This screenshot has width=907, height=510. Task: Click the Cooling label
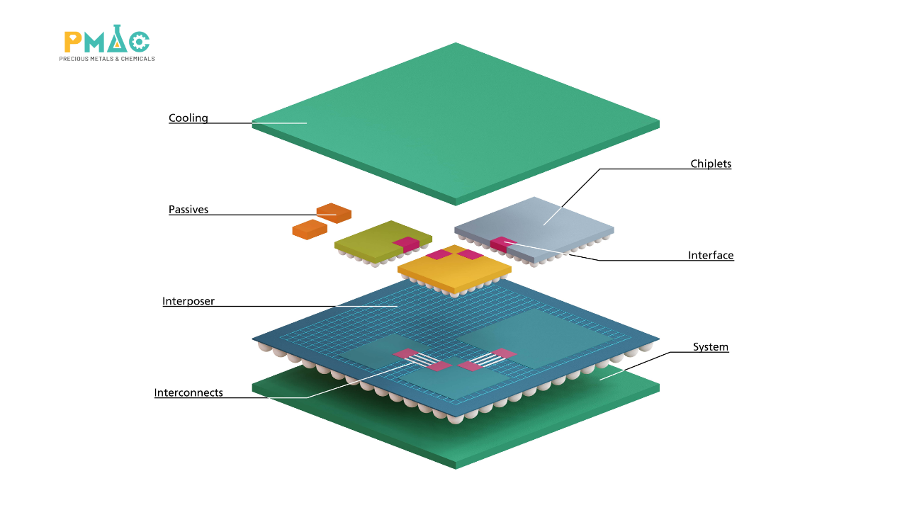[x=188, y=118]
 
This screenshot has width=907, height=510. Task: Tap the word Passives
[x=188, y=210]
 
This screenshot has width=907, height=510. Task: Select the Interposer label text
[x=188, y=301]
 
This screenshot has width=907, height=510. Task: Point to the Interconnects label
[x=188, y=392]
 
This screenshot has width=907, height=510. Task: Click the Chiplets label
[x=711, y=164]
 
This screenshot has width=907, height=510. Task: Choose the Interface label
[x=711, y=256]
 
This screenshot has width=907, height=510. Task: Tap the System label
[x=711, y=347]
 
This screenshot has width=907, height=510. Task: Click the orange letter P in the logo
[x=73, y=42]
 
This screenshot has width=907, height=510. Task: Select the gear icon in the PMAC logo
[x=140, y=42]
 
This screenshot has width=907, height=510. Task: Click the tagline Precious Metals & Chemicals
[x=107, y=59]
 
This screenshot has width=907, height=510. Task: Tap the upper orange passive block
[x=334, y=213]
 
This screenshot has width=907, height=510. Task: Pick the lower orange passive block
[x=310, y=229]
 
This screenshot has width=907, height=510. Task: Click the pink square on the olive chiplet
[x=406, y=244]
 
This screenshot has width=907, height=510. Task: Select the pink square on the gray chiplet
[x=503, y=244]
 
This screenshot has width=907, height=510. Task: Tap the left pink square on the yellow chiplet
[x=439, y=254]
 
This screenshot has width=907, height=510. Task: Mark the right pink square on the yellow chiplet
[x=471, y=254]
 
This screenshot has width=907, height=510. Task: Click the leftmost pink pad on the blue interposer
[x=406, y=353]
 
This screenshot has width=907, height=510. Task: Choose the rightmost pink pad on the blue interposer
[x=503, y=353]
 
